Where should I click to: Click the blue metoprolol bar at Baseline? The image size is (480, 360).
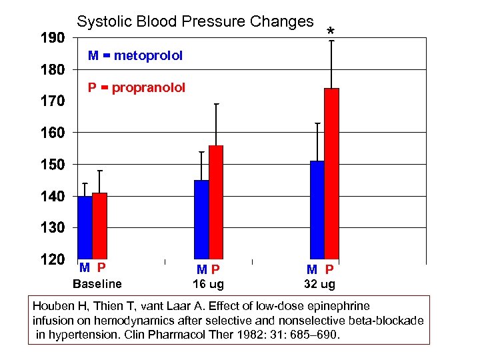click(x=85, y=227)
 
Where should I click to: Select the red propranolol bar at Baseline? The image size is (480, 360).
click(x=99, y=226)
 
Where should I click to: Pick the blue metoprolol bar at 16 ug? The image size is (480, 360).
click(x=201, y=219)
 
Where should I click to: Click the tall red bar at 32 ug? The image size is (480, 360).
click(x=331, y=173)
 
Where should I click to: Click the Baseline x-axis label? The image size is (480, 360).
click(x=97, y=284)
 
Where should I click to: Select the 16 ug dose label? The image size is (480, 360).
click(x=208, y=284)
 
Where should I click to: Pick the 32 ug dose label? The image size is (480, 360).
click(x=320, y=284)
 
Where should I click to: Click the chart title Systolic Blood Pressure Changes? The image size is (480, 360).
click(x=195, y=21)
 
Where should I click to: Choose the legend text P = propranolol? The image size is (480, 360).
click(x=137, y=87)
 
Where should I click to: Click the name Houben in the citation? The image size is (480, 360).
click(x=53, y=307)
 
